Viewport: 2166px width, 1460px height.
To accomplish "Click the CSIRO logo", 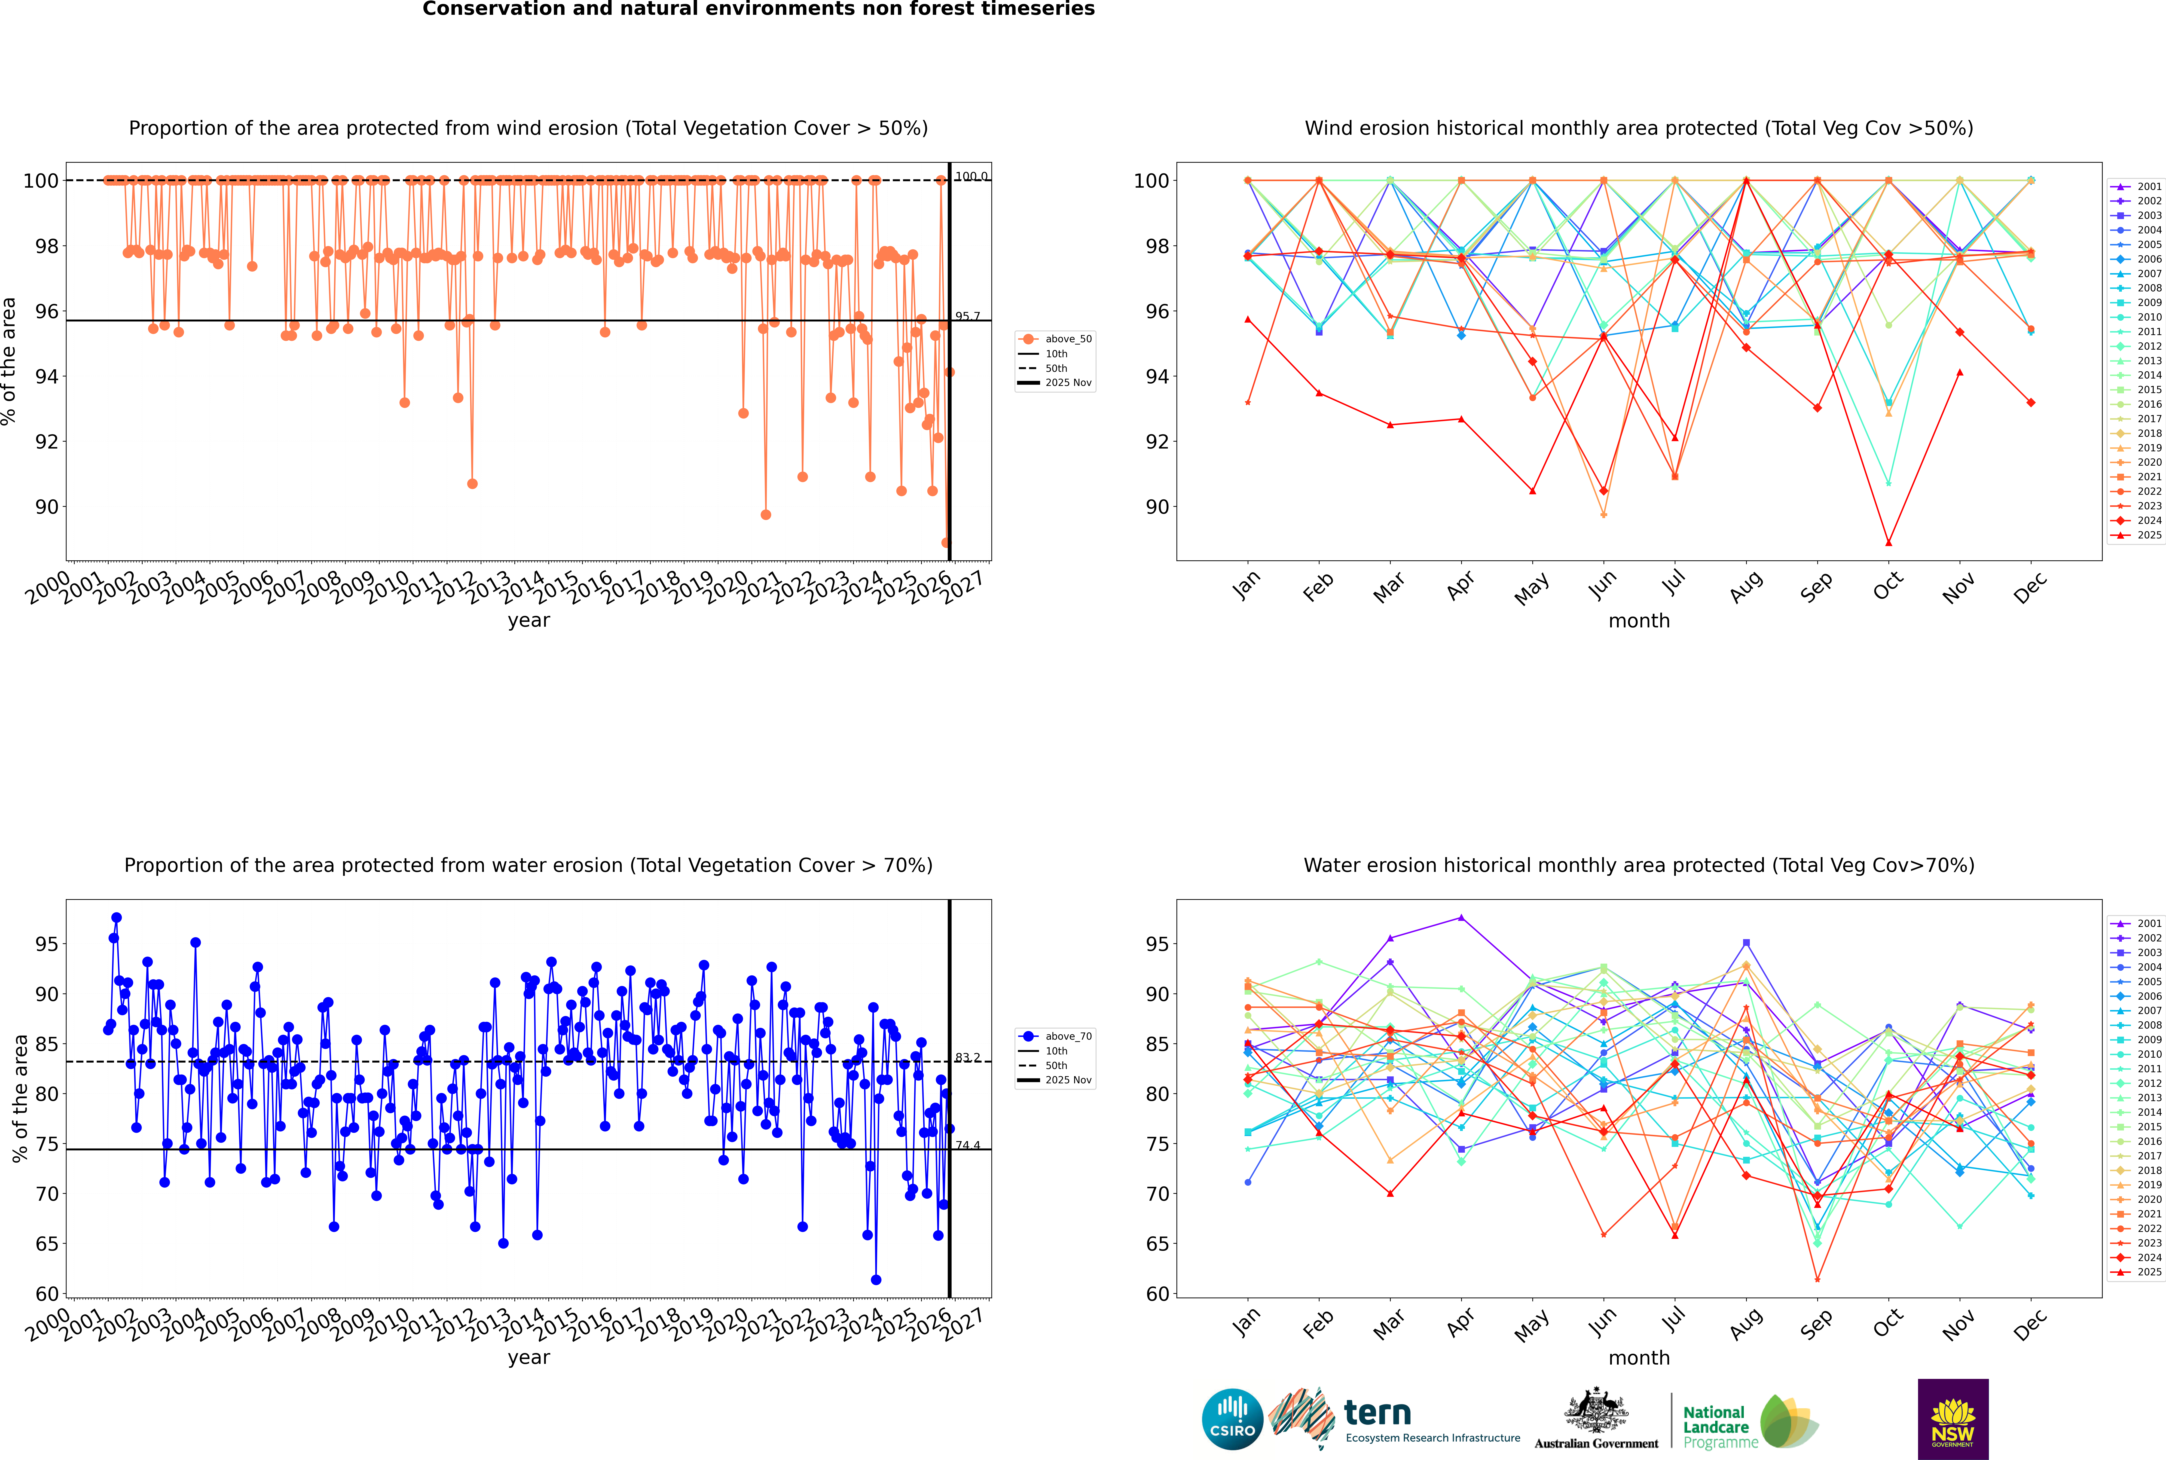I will (1232, 1419).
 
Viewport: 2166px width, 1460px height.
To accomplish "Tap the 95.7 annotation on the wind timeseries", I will (968, 317).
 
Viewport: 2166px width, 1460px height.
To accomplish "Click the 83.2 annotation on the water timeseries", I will (968, 1058).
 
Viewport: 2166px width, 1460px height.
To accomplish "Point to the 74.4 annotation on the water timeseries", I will (968, 1145).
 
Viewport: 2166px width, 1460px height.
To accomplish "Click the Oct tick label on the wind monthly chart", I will (1888, 586).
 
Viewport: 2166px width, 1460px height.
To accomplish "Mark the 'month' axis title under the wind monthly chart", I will (1639, 621).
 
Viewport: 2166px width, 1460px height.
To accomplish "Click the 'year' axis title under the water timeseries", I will (529, 1358).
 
